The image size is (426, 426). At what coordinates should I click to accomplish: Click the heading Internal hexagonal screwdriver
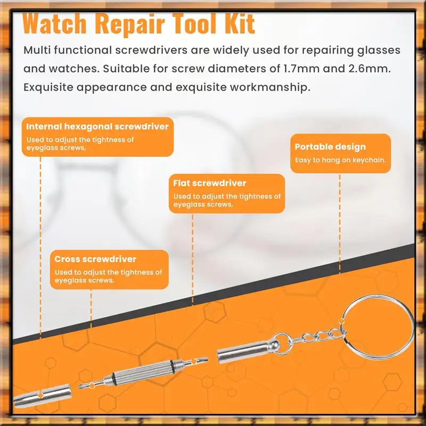click(97, 127)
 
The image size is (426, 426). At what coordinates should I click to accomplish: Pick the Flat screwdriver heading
click(210, 183)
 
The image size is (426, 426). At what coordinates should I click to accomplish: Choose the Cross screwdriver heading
click(95, 259)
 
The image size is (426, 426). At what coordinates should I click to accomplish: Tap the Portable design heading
click(330, 147)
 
